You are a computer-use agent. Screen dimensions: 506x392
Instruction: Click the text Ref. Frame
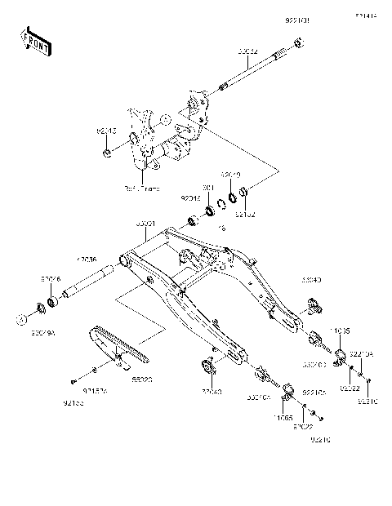[140, 187]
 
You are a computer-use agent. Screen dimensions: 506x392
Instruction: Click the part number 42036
[87, 259]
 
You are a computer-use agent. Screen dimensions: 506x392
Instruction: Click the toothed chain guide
[118, 343]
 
